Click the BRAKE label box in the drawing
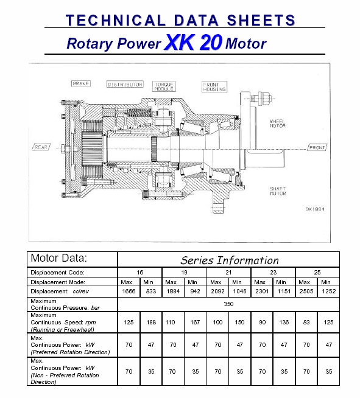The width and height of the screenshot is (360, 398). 81,83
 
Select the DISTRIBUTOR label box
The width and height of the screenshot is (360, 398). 125,84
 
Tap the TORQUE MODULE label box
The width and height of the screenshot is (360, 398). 164,86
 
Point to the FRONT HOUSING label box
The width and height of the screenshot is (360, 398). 214,87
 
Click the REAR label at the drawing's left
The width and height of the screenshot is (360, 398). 41,147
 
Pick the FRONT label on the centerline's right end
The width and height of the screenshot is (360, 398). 317,147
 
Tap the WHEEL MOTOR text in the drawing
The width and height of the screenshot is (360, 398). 278,124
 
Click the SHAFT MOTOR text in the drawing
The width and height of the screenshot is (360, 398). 278,191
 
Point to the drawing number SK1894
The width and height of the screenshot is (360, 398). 315,209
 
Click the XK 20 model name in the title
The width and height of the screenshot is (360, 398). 194,42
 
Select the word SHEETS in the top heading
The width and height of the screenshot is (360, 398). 261,20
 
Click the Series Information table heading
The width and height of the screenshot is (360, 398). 230,260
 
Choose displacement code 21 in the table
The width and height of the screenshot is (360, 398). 228,273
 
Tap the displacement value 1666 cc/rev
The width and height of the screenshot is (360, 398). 129,291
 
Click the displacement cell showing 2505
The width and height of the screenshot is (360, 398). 306,291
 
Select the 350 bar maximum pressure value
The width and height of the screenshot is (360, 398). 228,304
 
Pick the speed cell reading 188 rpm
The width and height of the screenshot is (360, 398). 151,322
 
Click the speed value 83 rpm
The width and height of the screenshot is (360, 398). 306,322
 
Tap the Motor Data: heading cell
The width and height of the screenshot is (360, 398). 58,258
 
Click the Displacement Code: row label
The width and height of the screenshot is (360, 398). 57,273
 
